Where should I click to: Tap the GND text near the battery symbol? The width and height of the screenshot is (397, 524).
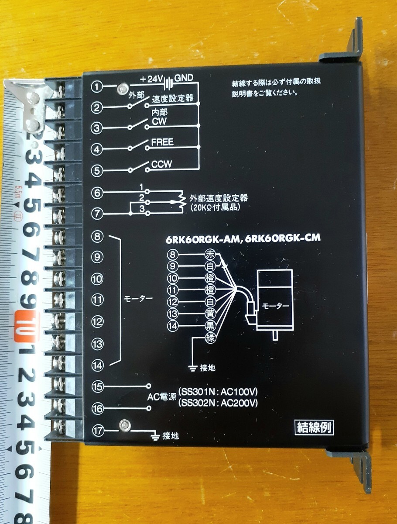[x=184, y=78]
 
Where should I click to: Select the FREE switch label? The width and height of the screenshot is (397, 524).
[x=162, y=142]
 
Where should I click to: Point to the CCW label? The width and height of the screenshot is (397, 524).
[x=161, y=164]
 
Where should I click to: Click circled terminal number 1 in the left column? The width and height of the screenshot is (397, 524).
[x=96, y=87]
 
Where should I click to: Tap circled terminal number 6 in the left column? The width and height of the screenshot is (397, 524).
[x=97, y=193]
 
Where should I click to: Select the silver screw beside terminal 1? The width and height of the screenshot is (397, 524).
[x=123, y=89]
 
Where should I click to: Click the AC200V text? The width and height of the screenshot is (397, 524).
[x=239, y=403]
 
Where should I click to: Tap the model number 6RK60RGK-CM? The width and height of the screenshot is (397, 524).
[x=283, y=238]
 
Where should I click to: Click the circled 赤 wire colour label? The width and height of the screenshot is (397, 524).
[x=210, y=255]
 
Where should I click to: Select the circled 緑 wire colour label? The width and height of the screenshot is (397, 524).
[x=210, y=338]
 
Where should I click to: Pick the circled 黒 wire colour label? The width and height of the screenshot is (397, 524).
[x=210, y=326]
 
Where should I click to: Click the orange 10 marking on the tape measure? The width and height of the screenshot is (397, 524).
[x=25, y=326]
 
